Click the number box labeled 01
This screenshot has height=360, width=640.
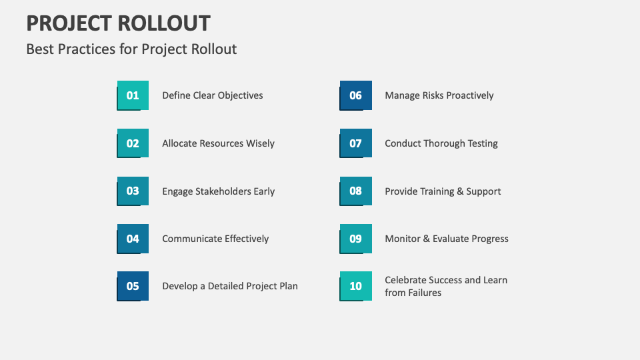tap(133, 95)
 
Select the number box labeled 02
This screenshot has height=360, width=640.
tap(133, 143)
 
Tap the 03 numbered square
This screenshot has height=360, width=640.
tap(133, 191)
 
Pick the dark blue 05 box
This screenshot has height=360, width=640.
tap(133, 286)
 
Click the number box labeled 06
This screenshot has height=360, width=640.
tap(355, 95)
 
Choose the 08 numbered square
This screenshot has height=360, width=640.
tap(355, 191)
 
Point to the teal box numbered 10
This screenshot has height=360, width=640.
tap(355, 286)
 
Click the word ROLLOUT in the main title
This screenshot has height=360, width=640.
tap(164, 23)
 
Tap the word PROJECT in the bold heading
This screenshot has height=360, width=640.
tap(69, 23)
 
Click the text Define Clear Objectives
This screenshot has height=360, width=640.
tap(213, 95)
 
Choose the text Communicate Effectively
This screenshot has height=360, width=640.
tap(215, 239)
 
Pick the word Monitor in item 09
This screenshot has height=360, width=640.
tap(402, 239)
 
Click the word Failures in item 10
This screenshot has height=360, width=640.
tap(425, 293)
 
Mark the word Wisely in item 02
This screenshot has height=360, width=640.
tap(260, 143)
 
